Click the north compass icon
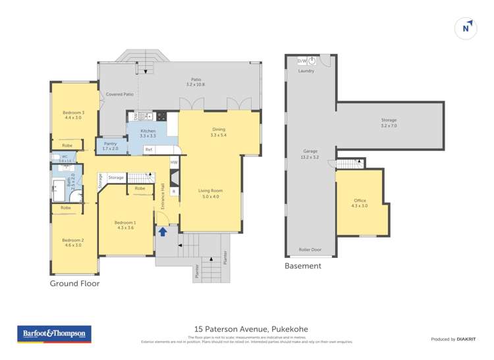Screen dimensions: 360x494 point(466,28)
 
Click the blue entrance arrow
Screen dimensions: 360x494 point(162,232)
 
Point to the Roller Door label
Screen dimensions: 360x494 point(310,250)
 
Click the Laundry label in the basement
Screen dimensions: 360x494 point(306,70)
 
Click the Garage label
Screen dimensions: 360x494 point(310,154)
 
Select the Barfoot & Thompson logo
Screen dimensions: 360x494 point(54,334)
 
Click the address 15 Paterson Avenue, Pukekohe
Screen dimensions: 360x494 point(251,329)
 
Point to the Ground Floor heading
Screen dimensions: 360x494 point(74,284)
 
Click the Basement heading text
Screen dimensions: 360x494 point(302,267)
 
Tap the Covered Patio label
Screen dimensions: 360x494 point(120,95)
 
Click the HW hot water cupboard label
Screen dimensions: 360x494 point(174,162)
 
